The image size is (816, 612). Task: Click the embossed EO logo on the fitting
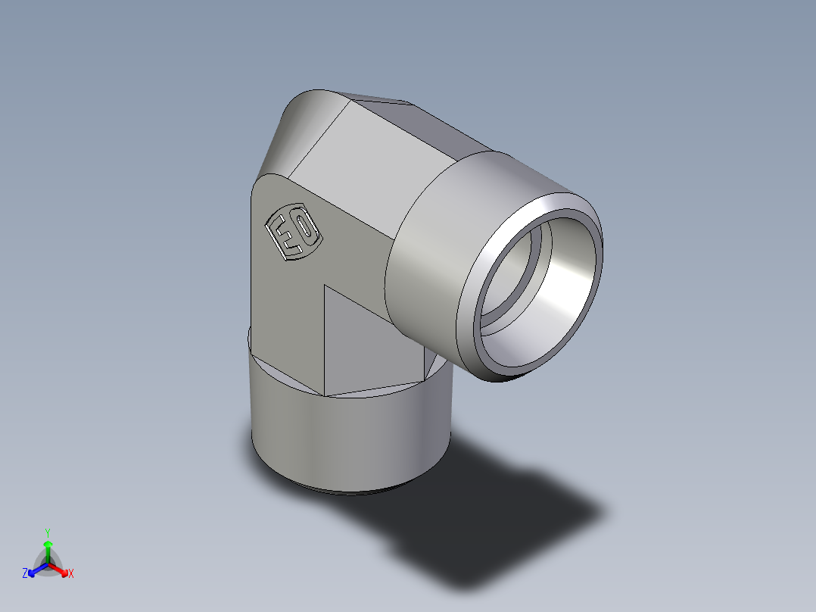pyautogui.click(x=294, y=233)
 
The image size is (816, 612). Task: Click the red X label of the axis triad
pyautogui.click(x=71, y=574)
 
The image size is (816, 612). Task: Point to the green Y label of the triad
pyautogui.click(x=47, y=532)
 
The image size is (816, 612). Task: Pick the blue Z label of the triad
pyautogui.click(x=25, y=574)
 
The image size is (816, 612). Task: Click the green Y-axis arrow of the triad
pyautogui.click(x=47, y=549)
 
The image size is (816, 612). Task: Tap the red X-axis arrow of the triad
pyautogui.click(x=60, y=569)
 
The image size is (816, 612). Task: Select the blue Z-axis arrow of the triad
pyautogui.click(x=36, y=569)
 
